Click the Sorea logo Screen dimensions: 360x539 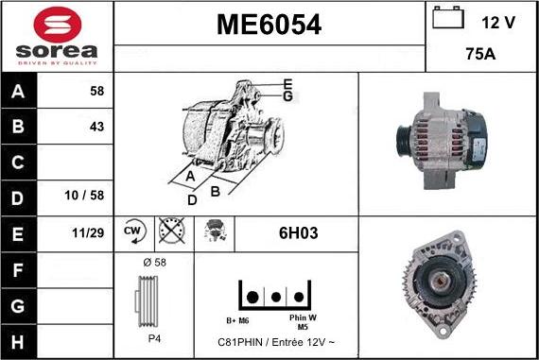(x=56, y=36)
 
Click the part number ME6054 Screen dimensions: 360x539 (x=269, y=26)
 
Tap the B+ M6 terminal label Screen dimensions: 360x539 (x=236, y=319)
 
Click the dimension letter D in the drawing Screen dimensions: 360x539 (x=192, y=200)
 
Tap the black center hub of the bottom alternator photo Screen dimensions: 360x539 (x=444, y=281)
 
